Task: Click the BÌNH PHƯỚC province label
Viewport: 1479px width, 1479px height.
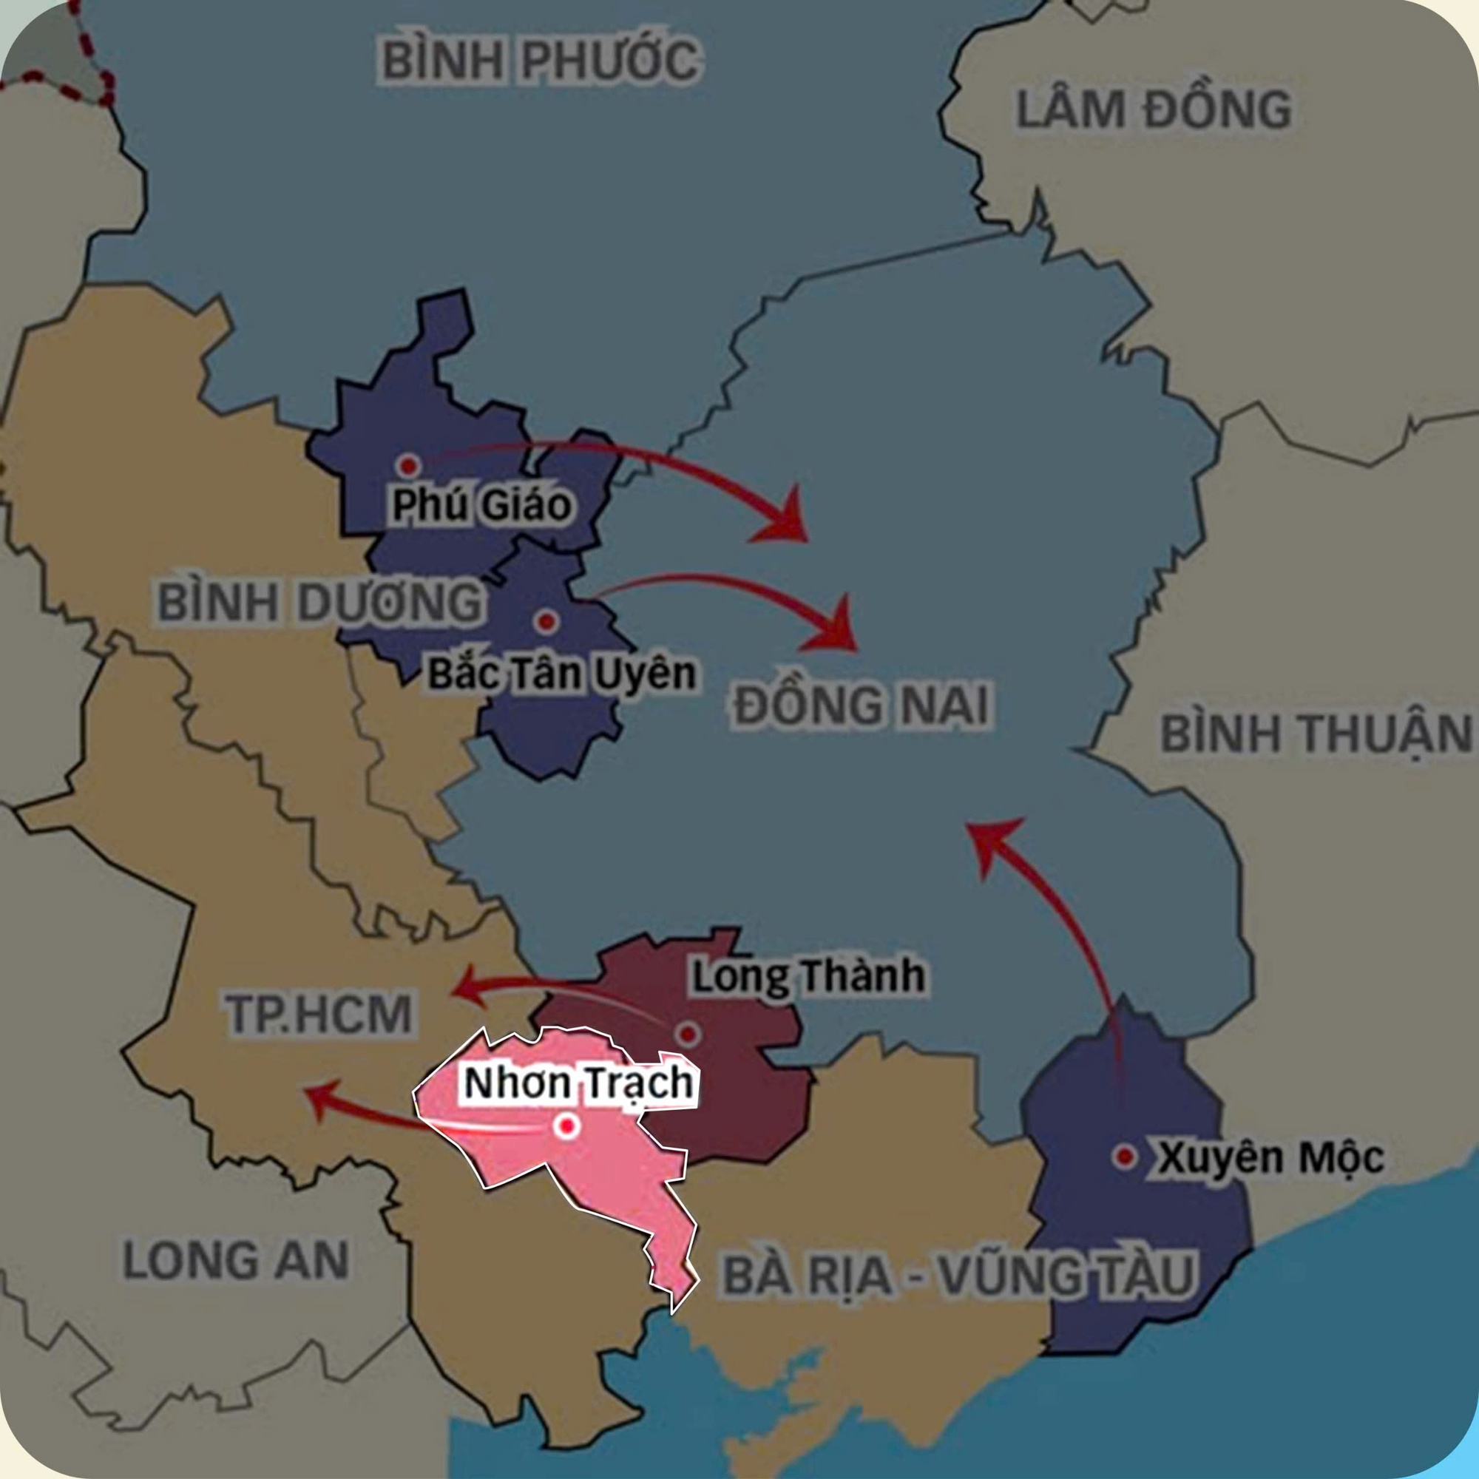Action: click(540, 61)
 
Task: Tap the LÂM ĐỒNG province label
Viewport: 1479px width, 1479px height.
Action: click(1153, 110)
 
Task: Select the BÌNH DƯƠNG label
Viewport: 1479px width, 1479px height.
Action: click(320, 603)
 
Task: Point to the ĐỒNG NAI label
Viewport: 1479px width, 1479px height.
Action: click(862, 705)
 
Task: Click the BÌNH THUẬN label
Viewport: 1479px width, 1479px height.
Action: click(1315, 734)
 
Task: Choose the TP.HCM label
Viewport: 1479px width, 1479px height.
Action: click(319, 1014)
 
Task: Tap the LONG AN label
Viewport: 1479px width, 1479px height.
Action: click(236, 1259)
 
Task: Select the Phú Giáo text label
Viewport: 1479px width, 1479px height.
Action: click(481, 505)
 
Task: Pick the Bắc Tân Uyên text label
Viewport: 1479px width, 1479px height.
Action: click(562, 674)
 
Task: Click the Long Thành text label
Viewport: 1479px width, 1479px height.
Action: click(808, 976)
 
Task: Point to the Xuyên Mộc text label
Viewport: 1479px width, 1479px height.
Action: click(1270, 1158)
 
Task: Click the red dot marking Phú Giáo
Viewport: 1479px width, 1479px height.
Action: click(409, 464)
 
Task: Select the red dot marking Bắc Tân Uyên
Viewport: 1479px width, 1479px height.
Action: click(546, 622)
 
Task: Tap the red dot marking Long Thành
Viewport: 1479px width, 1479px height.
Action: click(688, 1035)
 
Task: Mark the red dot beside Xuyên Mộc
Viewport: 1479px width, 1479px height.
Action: click(1125, 1157)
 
